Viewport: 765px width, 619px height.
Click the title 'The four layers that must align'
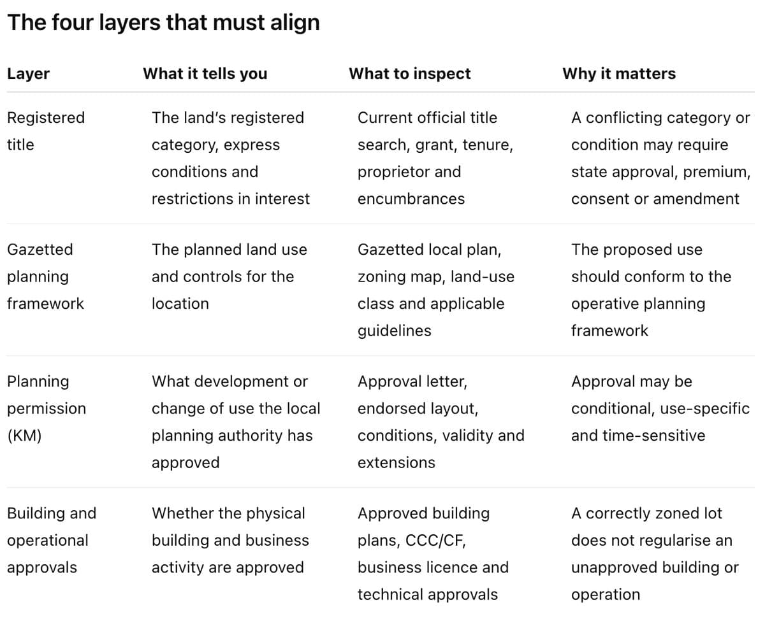pos(163,22)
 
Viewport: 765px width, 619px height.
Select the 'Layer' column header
pos(29,74)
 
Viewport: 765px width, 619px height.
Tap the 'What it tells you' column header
pos(205,74)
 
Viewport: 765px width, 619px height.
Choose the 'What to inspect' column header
pos(410,74)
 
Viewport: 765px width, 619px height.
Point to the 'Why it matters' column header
pos(619,74)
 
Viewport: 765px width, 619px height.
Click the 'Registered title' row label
pos(46,131)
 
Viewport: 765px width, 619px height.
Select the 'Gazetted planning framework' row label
pos(45,276)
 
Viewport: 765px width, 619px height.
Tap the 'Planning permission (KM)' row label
pos(47,408)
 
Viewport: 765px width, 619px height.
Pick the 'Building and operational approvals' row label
pos(52,541)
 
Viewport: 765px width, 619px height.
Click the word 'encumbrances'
pos(411,199)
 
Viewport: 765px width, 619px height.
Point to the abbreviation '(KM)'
pos(24,436)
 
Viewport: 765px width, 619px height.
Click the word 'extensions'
pos(397,463)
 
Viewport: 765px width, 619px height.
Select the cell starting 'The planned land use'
pos(229,276)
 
